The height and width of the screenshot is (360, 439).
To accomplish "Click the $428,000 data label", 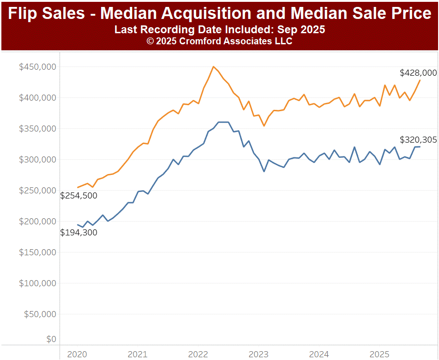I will [418, 73].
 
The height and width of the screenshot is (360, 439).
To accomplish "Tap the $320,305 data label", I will [418, 140].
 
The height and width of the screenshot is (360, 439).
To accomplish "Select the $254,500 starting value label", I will [79, 196].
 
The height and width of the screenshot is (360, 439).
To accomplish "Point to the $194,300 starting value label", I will [79, 233].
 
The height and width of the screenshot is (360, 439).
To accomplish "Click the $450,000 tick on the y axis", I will [37, 67].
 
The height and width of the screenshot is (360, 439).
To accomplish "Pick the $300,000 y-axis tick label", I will [37, 160].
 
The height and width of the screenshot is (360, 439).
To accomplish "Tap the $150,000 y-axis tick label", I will [37, 252].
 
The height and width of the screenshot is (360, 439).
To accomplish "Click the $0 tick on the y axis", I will [51, 340].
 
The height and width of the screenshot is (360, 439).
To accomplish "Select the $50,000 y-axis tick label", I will [40, 314].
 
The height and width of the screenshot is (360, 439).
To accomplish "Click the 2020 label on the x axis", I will [77, 354].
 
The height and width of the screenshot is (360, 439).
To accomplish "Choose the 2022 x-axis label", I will [198, 354].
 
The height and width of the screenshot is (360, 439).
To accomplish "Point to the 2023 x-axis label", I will [258, 354].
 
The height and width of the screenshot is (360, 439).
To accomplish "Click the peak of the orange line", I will [213, 66].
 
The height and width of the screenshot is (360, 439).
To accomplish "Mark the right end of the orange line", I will [420, 80].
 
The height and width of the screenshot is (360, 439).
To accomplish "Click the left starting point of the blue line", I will [78, 225].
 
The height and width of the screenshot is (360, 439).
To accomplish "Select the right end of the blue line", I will [420, 147].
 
